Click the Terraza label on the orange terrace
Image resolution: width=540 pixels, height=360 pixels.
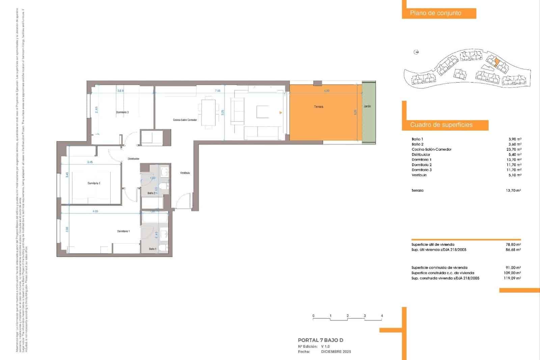click(319, 107)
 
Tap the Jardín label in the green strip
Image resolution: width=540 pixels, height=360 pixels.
click(367, 106)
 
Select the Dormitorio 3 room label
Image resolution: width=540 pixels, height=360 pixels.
click(123, 112)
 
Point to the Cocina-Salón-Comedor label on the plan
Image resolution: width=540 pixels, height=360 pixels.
click(185, 120)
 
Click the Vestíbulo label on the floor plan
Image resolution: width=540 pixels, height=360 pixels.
click(185, 173)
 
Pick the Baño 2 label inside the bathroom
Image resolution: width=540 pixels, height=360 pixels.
click(151, 193)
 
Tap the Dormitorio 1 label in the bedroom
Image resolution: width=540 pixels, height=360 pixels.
click(123, 231)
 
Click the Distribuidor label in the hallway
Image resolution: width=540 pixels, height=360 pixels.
click(134, 159)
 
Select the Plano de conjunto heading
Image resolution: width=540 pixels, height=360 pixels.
click(435, 13)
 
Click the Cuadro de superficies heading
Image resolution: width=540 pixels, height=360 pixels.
click(441, 125)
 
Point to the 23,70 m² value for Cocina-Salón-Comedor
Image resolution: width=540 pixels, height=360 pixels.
click(514, 149)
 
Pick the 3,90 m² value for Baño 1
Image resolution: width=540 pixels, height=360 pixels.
click(515, 139)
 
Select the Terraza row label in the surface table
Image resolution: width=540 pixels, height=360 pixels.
click(417, 190)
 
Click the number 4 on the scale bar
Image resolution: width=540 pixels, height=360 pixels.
click(382, 316)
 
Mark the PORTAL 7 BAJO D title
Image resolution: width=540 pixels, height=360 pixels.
click(320, 340)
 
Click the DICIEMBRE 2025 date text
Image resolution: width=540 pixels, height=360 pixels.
click(336, 352)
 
